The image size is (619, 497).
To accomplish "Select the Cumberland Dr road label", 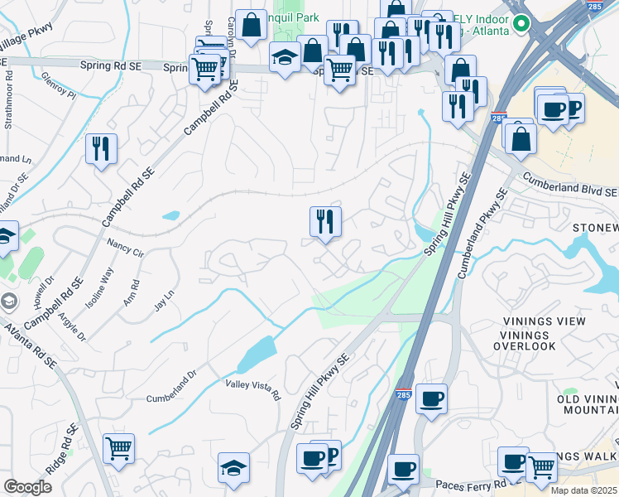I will (x=174, y=397).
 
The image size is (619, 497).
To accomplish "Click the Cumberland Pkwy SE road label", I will (x=481, y=234).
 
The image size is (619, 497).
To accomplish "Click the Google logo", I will (x=27, y=487).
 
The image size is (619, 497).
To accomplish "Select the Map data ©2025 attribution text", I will (x=583, y=490).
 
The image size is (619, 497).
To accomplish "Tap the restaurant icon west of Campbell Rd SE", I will (x=102, y=149).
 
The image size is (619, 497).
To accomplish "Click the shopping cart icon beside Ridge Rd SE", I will (x=119, y=448).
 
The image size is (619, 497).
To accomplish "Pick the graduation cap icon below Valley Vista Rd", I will (x=233, y=467).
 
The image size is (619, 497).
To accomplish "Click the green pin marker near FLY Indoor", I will (x=521, y=23).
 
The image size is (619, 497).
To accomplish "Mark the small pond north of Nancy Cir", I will (x=170, y=216).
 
